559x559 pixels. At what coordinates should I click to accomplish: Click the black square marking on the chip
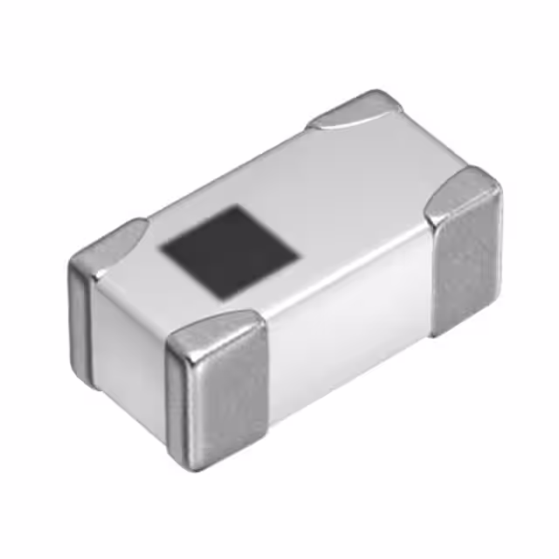click(230, 252)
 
